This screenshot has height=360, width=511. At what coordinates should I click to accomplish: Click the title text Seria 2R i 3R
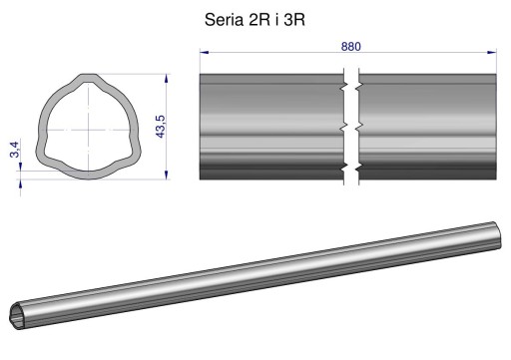click(x=255, y=20)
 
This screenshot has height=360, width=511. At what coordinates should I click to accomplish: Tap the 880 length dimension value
click(x=350, y=47)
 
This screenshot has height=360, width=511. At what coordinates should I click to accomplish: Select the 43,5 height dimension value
click(x=160, y=127)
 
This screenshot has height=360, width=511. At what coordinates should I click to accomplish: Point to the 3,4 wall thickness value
click(x=15, y=150)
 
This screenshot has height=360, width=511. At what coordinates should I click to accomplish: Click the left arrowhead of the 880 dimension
click(x=204, y=52)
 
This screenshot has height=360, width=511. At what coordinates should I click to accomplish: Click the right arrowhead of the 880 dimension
click(x=492, y=52)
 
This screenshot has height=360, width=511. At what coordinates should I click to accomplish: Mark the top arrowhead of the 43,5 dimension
click(x=167, y=79)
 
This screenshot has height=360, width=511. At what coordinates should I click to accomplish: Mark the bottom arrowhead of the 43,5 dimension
click(x=167, y=175)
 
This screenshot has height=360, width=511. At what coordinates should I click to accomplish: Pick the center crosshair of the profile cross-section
click(x=89, y=130)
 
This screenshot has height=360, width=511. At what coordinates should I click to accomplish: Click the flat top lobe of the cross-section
click(x=89, y=77)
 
